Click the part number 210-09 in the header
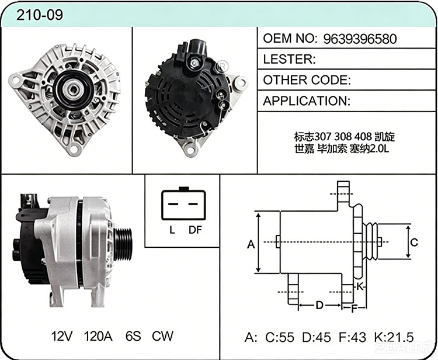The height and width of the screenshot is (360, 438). pos(40,15)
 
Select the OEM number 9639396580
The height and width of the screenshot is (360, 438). pos(360,39)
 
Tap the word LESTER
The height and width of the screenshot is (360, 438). pos(287,59)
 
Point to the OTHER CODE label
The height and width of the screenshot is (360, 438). pos(307,80)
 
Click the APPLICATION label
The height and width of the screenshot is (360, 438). pos(307,101)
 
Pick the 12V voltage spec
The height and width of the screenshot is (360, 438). pos(62,336)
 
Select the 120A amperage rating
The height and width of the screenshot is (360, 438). pos(98,336)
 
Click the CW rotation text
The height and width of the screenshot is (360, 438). pos(162,336)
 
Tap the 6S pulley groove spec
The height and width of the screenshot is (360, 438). pos(133,336)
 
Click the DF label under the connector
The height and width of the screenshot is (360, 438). pos(195,230)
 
